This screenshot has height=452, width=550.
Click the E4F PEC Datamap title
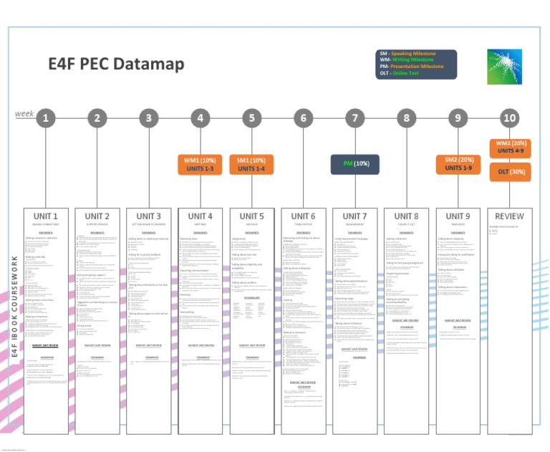[116, 64]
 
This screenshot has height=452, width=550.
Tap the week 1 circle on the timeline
[46, 118]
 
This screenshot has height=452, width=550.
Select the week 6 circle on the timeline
[304, 118]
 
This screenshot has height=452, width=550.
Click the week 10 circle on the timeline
[509, 118]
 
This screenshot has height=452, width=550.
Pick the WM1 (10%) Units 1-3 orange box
[200, 164]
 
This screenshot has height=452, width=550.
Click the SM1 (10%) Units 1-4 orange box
[251, 164]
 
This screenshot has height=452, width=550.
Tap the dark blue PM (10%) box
[355, 164]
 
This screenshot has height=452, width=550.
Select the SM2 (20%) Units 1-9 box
[458, 164]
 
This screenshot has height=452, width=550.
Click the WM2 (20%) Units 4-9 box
[509, 148]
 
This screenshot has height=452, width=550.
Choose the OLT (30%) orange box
[509, 172]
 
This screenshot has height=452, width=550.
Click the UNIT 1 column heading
[46, 216]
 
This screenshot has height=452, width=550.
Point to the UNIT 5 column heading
[251, 216]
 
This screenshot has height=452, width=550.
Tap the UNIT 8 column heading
[406, 216]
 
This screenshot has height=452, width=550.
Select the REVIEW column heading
[509, 216]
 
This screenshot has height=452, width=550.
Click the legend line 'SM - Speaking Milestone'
[412, 54]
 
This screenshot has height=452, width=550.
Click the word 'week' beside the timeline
[24, 113]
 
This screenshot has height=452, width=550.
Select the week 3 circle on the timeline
[148, 118]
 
